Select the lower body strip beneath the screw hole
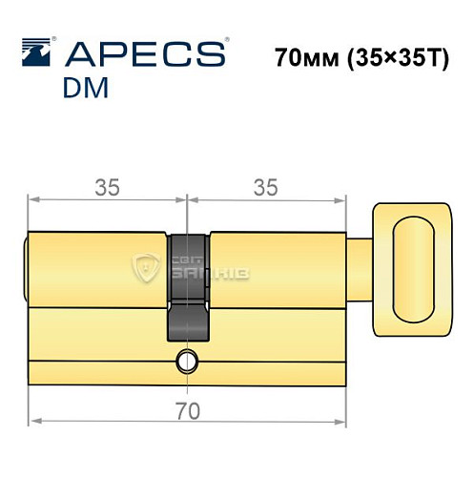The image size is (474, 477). tap(186, 374)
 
